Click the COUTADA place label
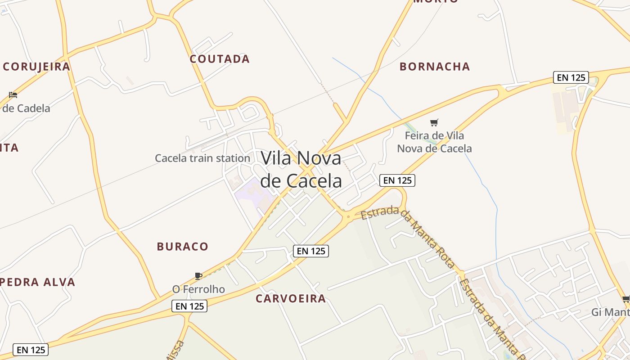tap(220, 59)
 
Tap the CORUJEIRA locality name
tap(36, 67)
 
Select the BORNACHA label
tap(435, 67)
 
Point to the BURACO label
tap(183, 247)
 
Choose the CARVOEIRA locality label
tap(291, 298)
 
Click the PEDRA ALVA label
tap(38, 282)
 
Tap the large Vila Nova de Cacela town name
tap(301, 169)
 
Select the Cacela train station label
tap(202, 158)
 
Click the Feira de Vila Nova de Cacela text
tap(434, 142)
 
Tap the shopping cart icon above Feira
tap(434, 122)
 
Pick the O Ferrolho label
tap(198, 289)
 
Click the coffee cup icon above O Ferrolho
tap(198, 276)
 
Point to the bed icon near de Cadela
tap(13, 95)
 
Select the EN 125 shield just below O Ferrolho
tap(190, 306)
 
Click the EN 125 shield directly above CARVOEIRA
tap(311, 251)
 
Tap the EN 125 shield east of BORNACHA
tap(571, 77)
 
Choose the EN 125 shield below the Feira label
tap(397, 180)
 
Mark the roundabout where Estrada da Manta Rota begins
tap(348, 217)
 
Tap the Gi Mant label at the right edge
tap(610, 312)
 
